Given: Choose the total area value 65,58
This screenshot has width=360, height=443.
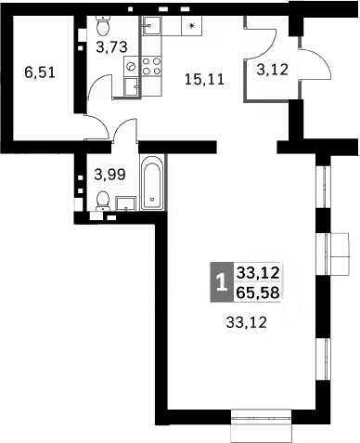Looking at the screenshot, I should pyautogui.click(x=259, y=291).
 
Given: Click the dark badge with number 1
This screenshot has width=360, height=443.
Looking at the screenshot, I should pyautogui.click(x=220, y=281).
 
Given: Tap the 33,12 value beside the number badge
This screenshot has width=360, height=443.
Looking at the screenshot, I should pyautogui.click(x=259, y=273).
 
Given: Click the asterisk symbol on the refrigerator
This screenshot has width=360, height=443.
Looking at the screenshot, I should pyautogui.click(x=192, y=26).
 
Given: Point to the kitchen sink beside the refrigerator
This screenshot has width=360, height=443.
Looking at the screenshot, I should pyautogui.click(x=152, y=26).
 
